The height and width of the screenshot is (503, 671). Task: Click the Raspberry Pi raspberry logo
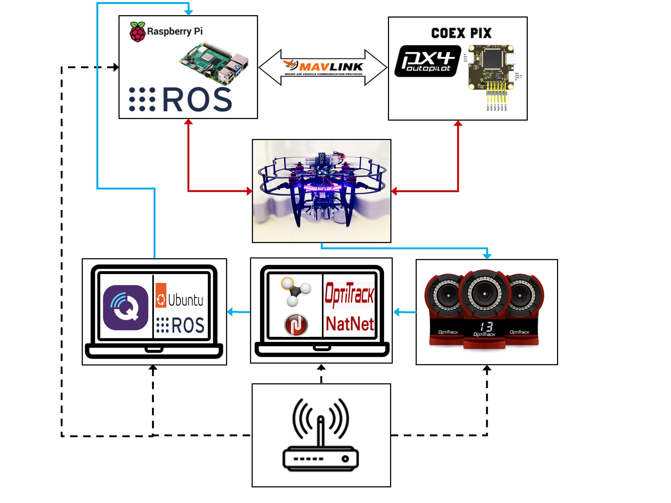[137, 31]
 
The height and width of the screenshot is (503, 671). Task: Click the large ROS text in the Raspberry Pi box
[197, 100]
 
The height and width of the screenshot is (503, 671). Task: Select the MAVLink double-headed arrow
[323, 67]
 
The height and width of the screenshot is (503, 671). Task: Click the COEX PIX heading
[461, 33]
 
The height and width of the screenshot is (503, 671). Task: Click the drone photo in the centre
[322, 191]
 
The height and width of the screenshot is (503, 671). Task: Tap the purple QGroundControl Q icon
[126, 307]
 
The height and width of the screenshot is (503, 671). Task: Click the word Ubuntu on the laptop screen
[185, 300]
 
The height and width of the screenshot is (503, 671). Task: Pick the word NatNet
[349, 324]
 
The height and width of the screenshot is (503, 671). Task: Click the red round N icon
[296, 325]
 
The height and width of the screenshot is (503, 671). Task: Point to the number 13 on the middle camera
[486, 327]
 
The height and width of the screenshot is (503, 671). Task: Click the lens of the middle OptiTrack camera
[484, 294]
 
